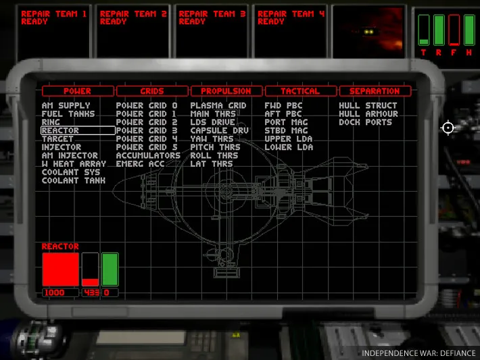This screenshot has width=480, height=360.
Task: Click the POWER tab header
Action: [78, 91]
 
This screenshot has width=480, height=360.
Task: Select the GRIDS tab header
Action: [152, 91]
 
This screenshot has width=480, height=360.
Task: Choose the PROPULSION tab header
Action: [226, 91]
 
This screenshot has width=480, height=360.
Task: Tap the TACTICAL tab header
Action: [301, 91]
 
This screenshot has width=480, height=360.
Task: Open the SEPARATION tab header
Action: [375, 91]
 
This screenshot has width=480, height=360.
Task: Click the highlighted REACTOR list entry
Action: [78, 130]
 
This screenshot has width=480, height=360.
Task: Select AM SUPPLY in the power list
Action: [66, 105]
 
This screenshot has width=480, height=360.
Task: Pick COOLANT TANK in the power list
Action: [74, 180]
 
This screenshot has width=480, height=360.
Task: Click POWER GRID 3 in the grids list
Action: [147, 130]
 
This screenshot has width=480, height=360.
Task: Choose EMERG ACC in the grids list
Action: [140, 164]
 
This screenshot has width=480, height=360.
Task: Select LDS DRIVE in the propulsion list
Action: [213, 122]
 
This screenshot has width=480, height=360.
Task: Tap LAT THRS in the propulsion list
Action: [212, 164]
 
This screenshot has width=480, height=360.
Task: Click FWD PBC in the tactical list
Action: [283, 105]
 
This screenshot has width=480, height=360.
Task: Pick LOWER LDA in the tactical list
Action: [289, 147]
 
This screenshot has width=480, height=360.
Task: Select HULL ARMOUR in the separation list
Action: [368, 113]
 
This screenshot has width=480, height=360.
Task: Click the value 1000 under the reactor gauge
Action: [55, 292]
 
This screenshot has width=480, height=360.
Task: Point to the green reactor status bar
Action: [110, 269]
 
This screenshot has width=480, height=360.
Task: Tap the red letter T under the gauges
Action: [423, 53]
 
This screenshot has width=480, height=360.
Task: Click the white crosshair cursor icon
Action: [448, 128]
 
